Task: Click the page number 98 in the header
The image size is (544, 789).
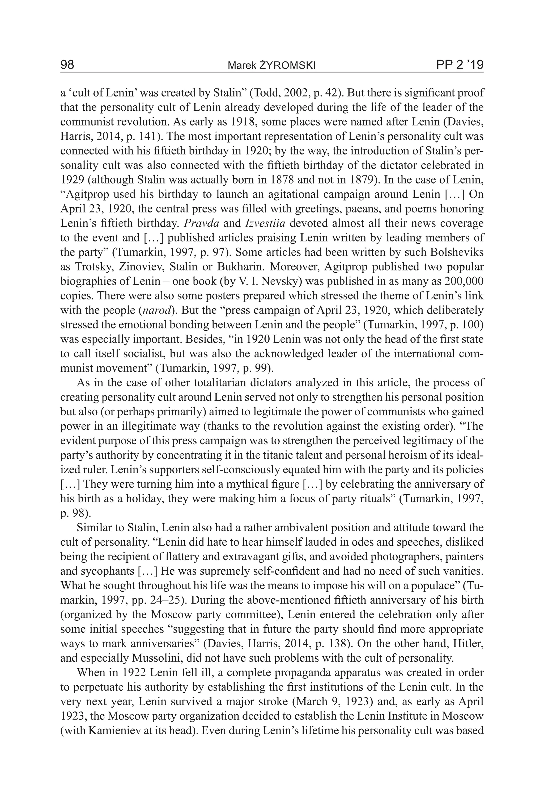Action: (x=67, y=65)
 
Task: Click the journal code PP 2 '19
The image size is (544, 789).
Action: (x=460, y=65)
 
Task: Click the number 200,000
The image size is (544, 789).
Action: (x=464, y=281)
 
